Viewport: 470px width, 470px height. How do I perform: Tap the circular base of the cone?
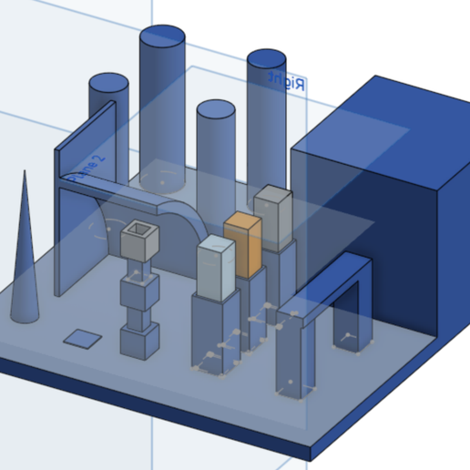(26, 315)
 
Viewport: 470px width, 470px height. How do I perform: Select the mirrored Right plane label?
(285, 80)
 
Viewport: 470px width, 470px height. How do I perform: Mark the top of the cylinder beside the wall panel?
(108, 83)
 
